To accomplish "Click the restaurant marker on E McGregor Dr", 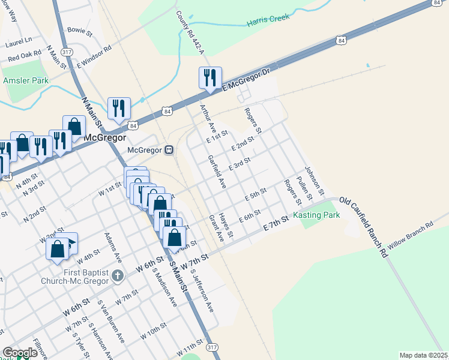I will [210, 78].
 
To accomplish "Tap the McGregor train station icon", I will [170, 149].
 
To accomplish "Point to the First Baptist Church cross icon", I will [118, 276].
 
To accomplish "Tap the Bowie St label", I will [80, 29].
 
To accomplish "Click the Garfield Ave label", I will [216, 172].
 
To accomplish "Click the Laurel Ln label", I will [19, 42].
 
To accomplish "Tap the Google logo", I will [19, 353].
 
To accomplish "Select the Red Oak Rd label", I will [25, 56].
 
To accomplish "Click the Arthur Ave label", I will [207, 116].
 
